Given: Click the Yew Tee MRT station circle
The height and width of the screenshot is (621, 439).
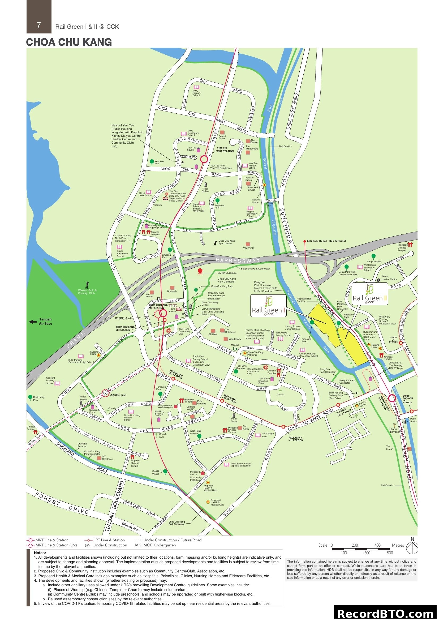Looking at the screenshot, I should tap(204, 159).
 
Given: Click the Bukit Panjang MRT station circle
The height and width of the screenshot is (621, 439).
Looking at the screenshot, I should tap(392, 398).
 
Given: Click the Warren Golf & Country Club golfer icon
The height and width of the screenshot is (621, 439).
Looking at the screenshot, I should tap(87, 285).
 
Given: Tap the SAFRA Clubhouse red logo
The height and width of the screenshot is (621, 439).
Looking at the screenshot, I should tap(200, 271).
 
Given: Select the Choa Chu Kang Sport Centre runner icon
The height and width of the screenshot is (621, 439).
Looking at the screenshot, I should tap(215, 243).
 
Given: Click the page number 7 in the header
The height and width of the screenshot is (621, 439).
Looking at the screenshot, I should tap(39, 25).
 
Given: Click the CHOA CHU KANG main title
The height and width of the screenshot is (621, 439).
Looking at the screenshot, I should tap(69, 42).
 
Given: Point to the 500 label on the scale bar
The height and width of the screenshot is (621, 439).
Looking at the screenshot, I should tap(390, 553).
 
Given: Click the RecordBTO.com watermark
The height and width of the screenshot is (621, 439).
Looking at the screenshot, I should tap(386, 613).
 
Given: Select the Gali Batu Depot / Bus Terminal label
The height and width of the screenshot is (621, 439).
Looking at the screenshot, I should tap(326, 241).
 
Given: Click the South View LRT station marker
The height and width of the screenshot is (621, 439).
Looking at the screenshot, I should tap(173, 379).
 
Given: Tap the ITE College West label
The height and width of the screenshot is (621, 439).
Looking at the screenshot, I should tap(268, 435).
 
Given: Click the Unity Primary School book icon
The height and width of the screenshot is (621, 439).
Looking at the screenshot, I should tap(196, 87).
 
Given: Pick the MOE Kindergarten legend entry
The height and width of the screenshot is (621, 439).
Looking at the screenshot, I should tap(156, 545).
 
